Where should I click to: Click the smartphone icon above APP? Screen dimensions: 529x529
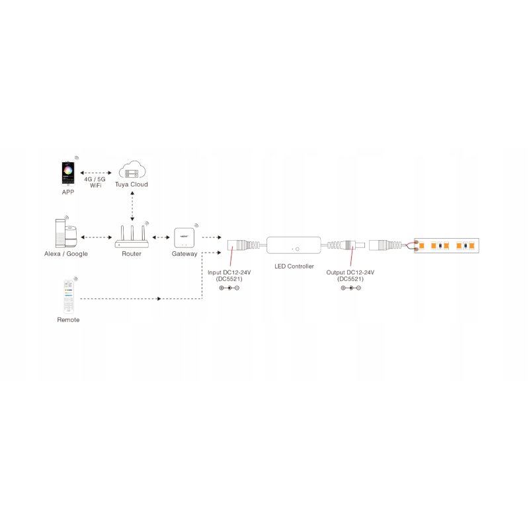68,173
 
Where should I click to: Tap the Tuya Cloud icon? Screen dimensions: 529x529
132,169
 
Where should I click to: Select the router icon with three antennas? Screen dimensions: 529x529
132,236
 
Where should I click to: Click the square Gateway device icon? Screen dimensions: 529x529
184,238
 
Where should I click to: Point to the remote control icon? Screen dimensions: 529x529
69,296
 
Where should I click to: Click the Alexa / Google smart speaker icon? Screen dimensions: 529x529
66,233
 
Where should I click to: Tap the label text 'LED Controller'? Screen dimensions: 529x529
294,266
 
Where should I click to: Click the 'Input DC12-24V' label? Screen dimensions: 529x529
229,272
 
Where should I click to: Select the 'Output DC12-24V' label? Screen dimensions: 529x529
350,272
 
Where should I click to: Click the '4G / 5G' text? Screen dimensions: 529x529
95,179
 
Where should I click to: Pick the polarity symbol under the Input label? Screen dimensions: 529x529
229,288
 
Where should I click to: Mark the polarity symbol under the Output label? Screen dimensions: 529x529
351,288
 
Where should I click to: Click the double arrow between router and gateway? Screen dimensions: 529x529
161,237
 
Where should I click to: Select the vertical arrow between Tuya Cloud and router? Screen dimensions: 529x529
132,206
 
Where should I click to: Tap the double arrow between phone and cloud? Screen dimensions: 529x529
96,173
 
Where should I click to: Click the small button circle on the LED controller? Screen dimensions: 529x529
297,249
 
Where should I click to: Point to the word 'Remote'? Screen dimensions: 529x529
68,320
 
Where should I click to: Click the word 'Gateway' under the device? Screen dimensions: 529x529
184,254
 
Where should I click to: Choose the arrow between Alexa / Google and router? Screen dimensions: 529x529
96,237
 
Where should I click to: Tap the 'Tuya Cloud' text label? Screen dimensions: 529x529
132,184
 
